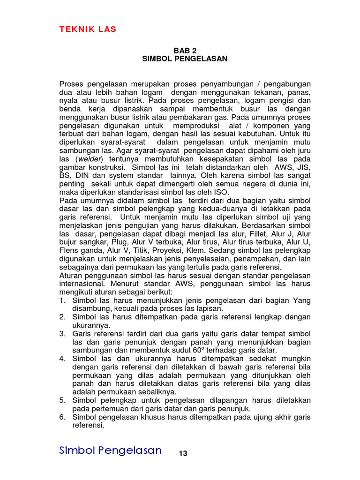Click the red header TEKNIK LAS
(x=88, y=30)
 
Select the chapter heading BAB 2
(x=184, y=50)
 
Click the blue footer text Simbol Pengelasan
(x=111, y=451)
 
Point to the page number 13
(x=183, y=453)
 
